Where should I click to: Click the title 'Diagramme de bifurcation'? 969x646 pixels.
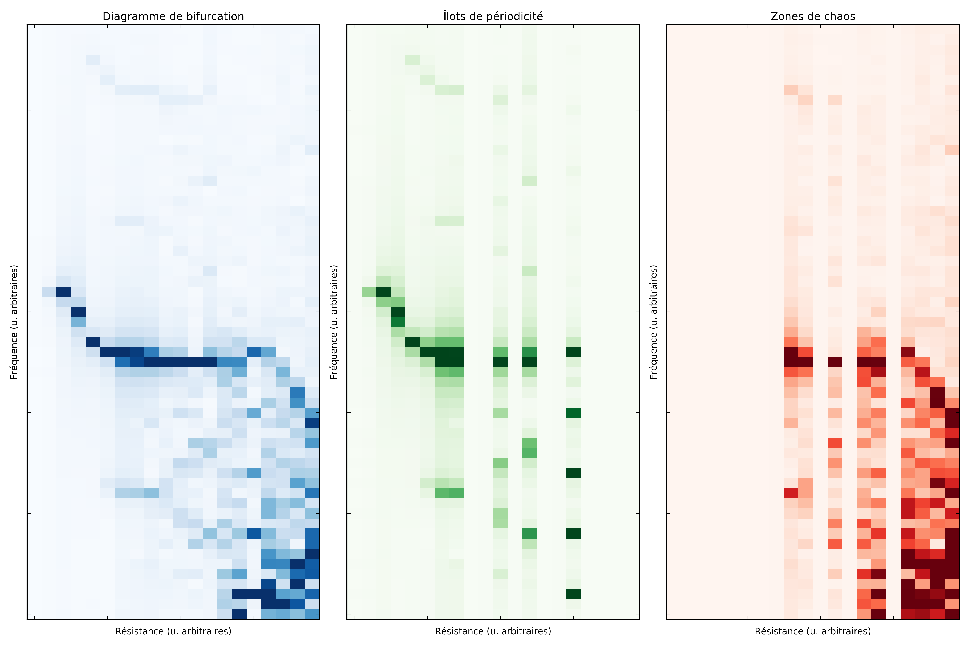pos(173,17)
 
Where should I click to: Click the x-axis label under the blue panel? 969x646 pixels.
pos(173,631)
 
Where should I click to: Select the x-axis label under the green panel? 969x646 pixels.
pos(493,631)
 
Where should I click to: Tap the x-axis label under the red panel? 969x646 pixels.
pos(812,631)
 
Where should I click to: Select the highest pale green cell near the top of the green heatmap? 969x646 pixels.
pos(412,60)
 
